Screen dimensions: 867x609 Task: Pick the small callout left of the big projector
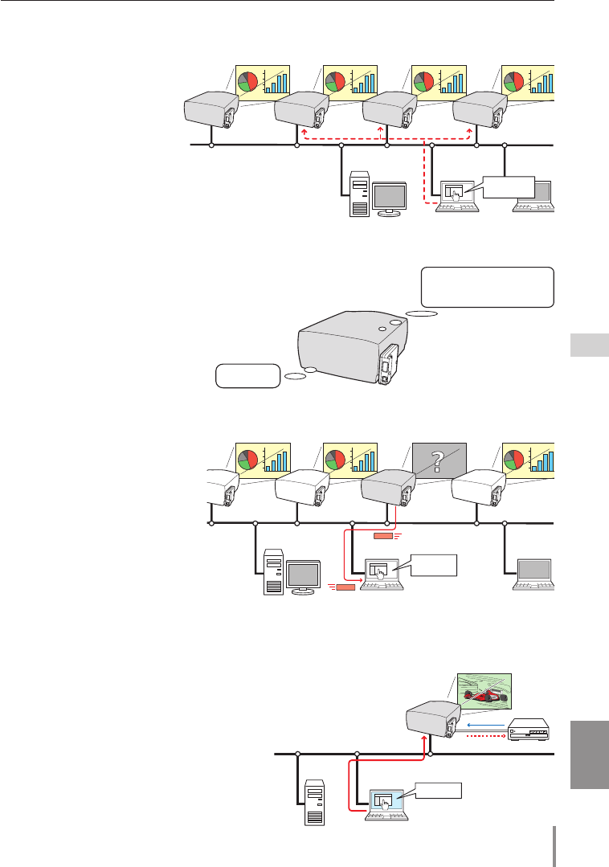coord(247,375)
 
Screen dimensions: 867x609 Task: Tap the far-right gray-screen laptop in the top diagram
coord(533,197)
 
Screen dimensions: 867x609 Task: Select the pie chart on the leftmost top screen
coord(248,81)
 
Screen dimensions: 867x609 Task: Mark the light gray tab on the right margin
coord(591,346)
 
